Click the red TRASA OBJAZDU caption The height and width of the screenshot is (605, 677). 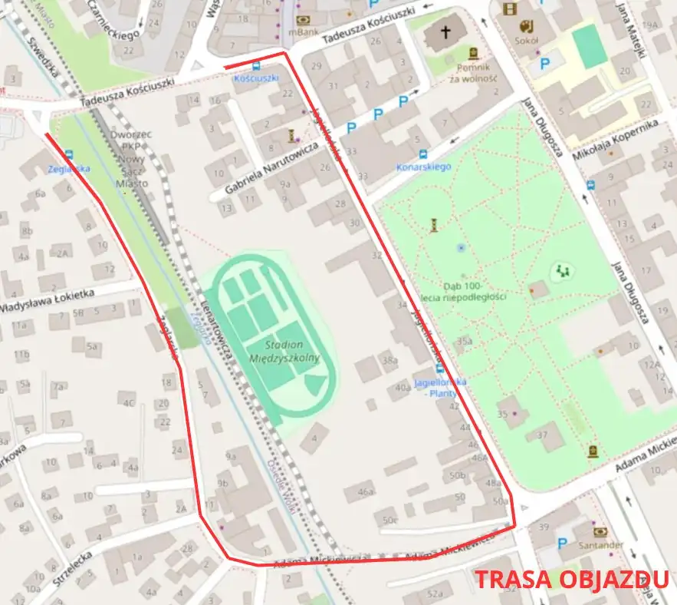pos(572,580)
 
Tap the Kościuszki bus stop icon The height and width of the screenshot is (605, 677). pos(255,66)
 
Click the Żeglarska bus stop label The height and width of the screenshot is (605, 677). pos(69,168)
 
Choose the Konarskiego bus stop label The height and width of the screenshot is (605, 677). pos(424,167)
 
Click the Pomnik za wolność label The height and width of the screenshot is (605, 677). pos(473,73)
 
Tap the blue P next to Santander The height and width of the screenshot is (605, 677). pos(562,543)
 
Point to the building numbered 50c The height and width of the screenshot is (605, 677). pos(390,521)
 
